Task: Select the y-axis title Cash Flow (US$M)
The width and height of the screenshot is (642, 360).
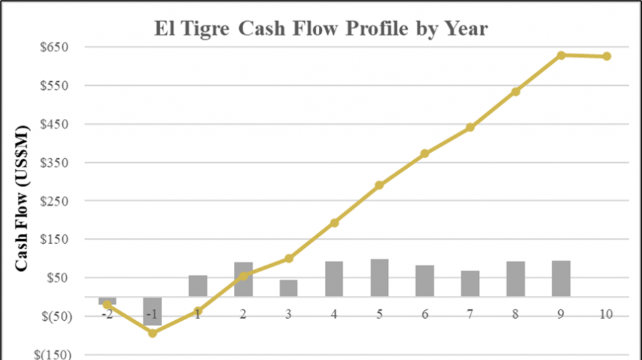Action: point(22,198)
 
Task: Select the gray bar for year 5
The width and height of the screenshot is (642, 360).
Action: point(380,278)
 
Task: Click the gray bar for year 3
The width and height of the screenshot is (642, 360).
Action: point(289,288)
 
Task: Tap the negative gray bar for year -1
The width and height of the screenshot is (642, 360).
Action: point(153,311)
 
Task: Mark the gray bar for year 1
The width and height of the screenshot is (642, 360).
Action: point(198,286)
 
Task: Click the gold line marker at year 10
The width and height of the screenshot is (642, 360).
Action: point(607,57)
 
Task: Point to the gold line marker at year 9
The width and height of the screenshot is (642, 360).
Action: point(561,55)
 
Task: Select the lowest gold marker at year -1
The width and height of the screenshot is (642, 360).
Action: point(153,333)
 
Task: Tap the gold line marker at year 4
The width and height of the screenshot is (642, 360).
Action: point(335,223)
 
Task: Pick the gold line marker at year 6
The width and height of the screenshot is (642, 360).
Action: point(425,154)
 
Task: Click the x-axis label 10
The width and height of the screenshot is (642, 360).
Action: point(607,315)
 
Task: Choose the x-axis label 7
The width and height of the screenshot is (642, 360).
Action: point(470,315)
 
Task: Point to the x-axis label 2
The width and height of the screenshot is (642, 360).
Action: point(243,315)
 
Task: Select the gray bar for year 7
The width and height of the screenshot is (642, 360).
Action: point(470,284)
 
